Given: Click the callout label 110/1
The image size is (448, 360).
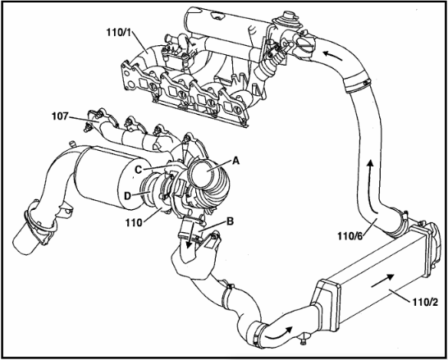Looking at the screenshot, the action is click(x=119, y=32).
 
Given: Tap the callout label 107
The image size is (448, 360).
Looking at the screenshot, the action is click(x=60, y=116).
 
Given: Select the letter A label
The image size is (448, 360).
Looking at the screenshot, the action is click(x=235, y=161).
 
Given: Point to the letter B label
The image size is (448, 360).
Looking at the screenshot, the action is click(x=230, y=221).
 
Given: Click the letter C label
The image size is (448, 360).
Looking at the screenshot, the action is click(x=139, y=170).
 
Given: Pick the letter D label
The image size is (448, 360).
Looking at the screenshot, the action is click(x=127, y=196).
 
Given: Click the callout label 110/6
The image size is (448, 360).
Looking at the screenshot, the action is click(x=350, y=236).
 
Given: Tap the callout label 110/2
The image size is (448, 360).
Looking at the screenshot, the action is click(x=425, y=302).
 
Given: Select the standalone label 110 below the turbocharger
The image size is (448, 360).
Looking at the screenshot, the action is click(x=134, y=222).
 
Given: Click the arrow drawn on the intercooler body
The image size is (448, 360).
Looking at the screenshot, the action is click(x=383, y=280).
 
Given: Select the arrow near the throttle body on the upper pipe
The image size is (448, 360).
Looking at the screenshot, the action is click(x=332, y=54).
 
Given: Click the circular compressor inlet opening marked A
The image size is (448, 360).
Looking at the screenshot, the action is click(x=203, y=173).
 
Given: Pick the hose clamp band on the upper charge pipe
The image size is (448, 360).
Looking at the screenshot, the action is click(x=356, y=82).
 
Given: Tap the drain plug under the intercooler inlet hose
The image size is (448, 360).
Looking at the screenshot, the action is click(x=304, y=339).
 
